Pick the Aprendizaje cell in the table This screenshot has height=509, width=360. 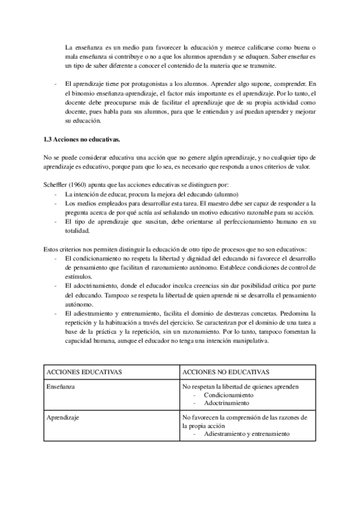click(x=64, y=417)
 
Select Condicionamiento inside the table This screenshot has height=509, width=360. click(x=230, y=396)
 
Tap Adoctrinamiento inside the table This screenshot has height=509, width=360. click(x=228, y=404)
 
